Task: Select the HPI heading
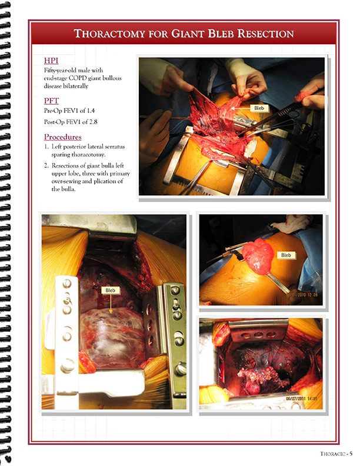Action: (x=51, y=61)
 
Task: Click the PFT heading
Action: (x=51, y=101)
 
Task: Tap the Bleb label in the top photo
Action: (x=259, y=108)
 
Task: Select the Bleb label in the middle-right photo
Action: (x=286, y=255)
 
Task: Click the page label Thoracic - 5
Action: (x=336, y=454)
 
